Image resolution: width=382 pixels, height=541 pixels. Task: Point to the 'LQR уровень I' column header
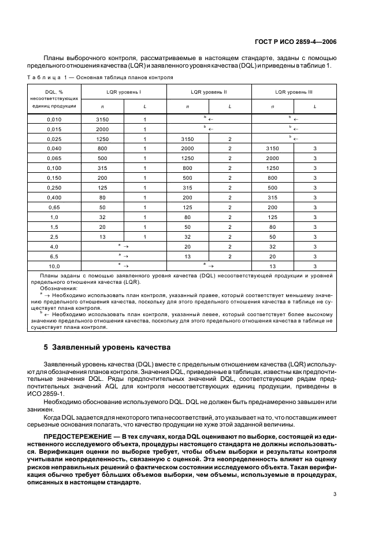(x=124, y=91)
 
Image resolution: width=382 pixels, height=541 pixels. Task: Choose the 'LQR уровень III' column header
(x=294, y=91)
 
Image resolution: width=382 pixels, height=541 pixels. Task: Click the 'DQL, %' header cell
(x=53, y=91)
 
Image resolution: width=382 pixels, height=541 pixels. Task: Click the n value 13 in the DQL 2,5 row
(x=102, y=236)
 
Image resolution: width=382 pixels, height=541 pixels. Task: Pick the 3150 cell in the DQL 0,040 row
(x=272, y=148)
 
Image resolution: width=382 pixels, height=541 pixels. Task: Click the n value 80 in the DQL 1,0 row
(x=187, y=217)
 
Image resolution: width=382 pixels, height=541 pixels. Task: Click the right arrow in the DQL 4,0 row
(x=124, y=246)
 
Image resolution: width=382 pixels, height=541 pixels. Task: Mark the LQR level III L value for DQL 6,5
(x=315, y=256)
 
